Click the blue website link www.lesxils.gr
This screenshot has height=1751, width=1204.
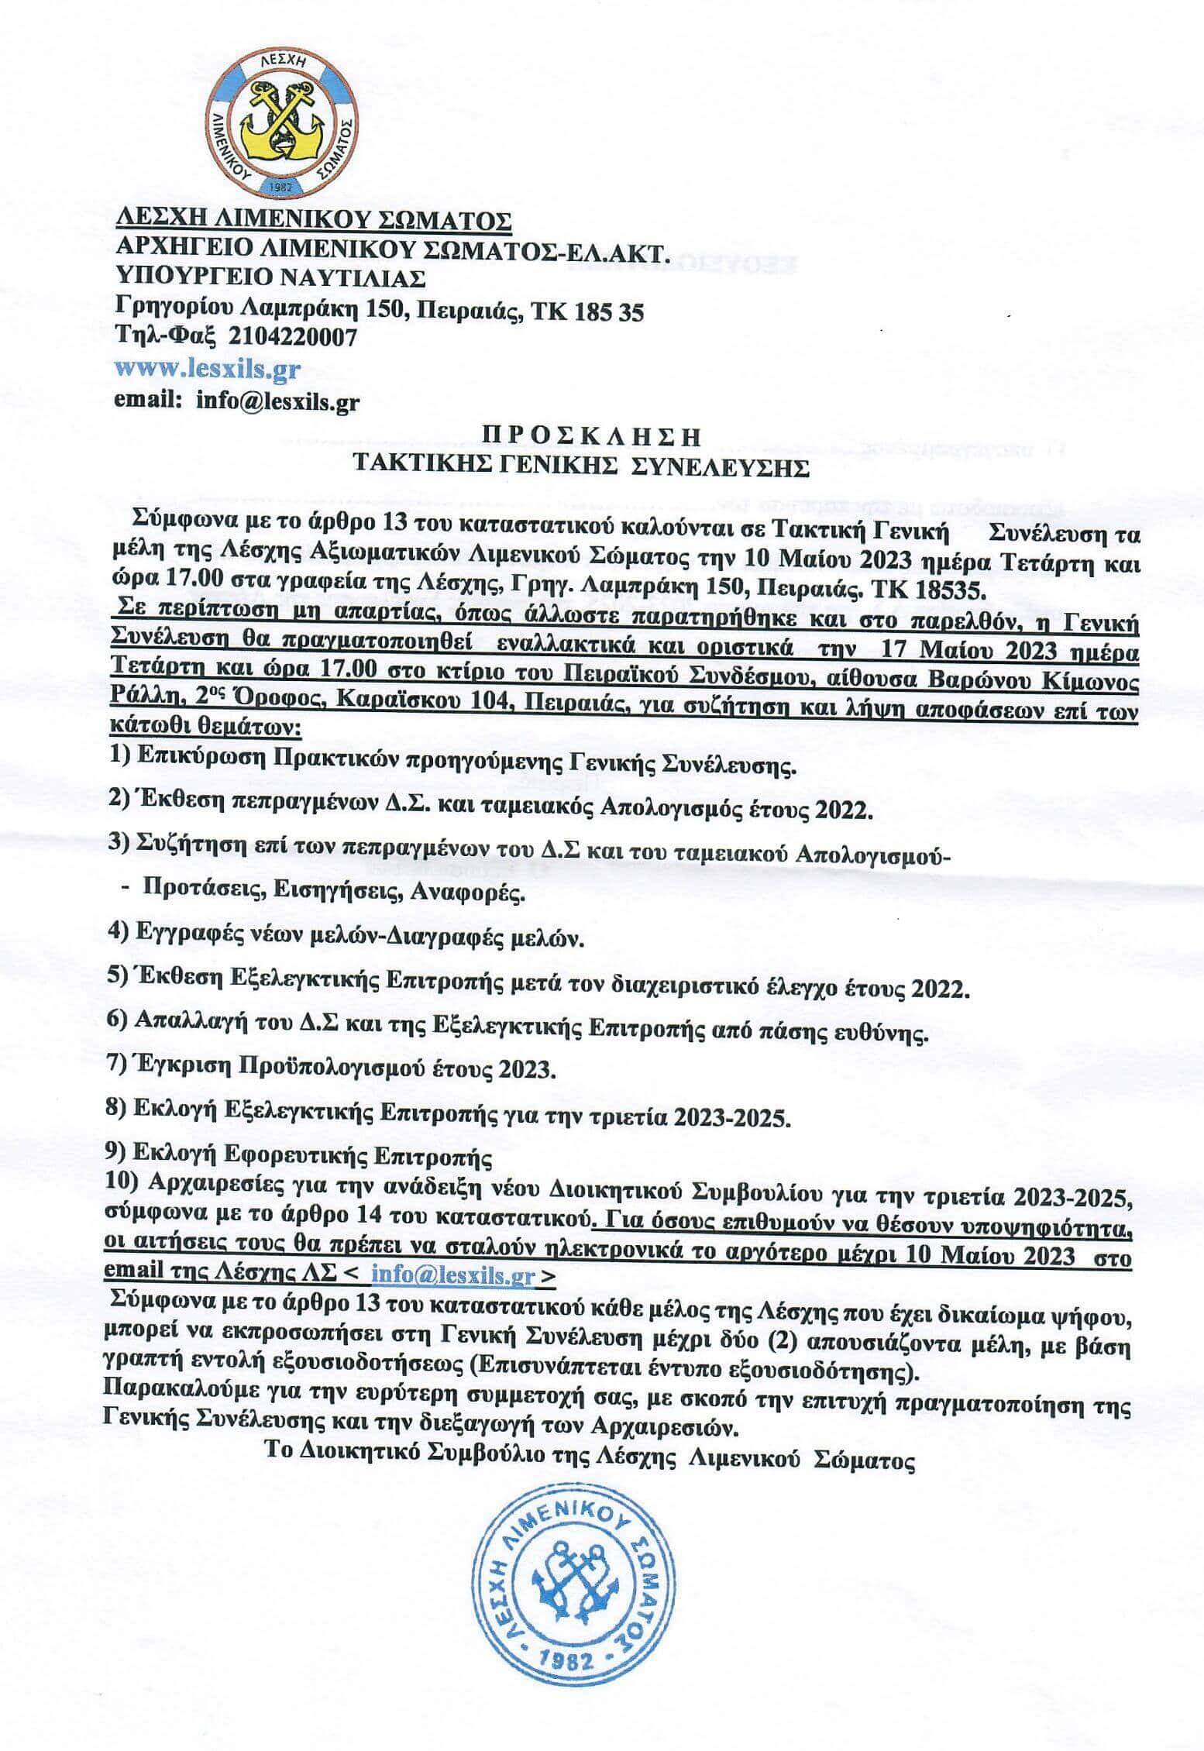pyautogui.click(x=207, y=369)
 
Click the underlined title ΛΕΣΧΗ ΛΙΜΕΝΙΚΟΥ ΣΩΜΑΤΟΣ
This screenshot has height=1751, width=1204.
pyautogui.click(x=313, y=220)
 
